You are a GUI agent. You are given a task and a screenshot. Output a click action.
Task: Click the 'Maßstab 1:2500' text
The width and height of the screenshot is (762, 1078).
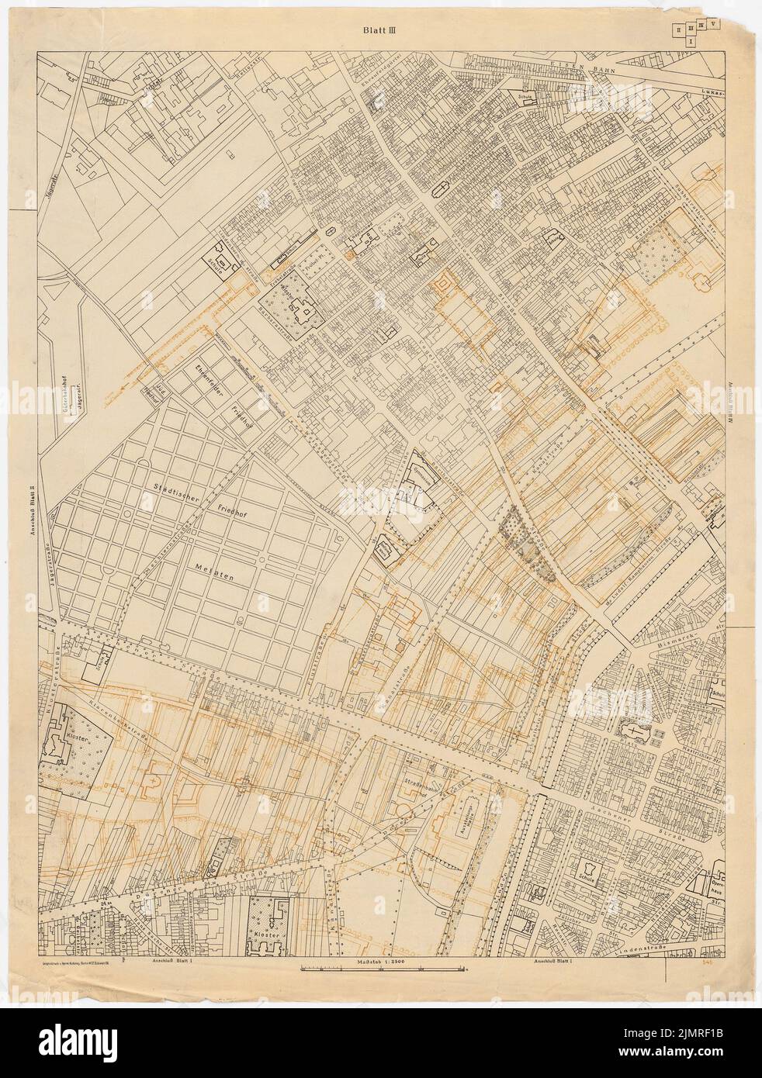[x=382, y=961]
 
